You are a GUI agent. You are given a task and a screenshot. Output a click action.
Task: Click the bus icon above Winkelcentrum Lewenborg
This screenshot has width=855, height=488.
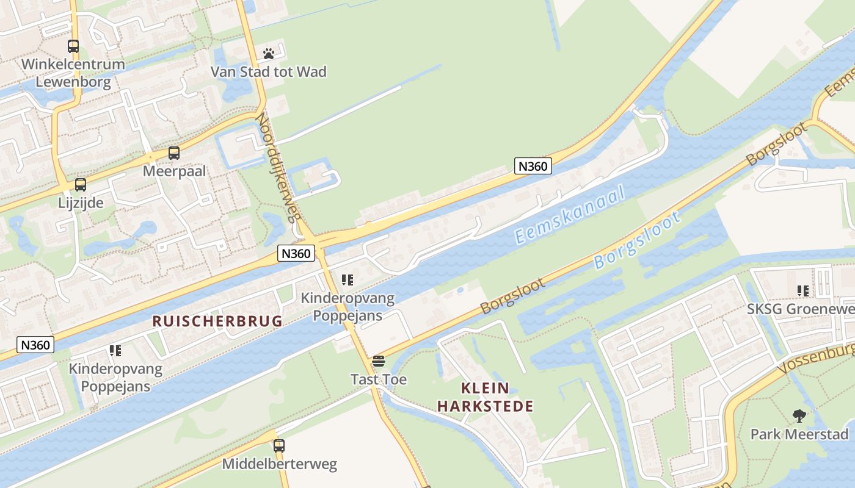(73, 46)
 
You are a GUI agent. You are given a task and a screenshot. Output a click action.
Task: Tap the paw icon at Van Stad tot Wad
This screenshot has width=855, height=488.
(268, 54)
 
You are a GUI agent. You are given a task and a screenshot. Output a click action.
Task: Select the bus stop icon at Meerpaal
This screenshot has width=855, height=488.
(174, 153)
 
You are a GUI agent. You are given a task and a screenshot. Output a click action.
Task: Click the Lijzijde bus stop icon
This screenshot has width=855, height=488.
(81, 185)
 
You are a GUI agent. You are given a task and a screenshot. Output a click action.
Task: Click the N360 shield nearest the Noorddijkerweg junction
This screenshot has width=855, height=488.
(296, 253)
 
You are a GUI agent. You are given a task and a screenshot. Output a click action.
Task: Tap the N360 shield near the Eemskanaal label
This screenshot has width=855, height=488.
(533, 166)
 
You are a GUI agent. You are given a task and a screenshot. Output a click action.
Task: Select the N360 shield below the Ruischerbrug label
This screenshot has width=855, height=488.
(35, 345)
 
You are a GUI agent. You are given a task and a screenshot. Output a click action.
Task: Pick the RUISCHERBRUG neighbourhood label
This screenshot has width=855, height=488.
(217, 321)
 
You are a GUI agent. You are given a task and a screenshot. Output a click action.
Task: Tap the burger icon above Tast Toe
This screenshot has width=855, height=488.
(379, 361)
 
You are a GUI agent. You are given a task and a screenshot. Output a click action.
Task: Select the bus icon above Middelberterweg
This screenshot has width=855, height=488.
(279, 446)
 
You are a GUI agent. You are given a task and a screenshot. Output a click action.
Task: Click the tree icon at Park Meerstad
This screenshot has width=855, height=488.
(799, 417)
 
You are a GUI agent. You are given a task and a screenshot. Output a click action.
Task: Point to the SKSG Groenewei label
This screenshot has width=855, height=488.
(801, 309)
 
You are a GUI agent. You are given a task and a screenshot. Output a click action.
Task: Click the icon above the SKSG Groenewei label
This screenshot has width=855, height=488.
(802, 291)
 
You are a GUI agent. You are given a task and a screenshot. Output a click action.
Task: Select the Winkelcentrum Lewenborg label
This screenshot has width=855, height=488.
(73, 73)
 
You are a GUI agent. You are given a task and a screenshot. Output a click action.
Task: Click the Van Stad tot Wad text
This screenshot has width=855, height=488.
(269, 72)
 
